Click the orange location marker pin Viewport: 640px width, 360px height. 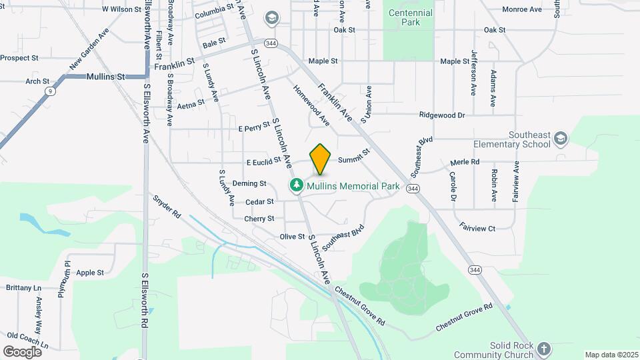click(x=321, y=159)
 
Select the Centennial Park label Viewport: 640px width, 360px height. click(x=411, y=17)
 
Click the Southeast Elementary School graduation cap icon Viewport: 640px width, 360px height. click(x=561, y=138)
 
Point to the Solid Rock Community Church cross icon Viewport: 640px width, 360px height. click(x=545, y=349)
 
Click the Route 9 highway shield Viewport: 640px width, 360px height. click(x=50, y=91)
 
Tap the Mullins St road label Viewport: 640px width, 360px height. click(x=106, y=77)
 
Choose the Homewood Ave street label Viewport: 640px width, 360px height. click(x=311, y=105)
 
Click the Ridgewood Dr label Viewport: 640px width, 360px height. click(x=441, y=115)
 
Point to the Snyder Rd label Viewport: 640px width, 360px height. click(x=167, y=207)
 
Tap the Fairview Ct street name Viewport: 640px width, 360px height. click(x=477, y=228)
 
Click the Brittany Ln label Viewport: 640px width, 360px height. click(x=23, y=288)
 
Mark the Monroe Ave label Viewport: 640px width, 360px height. click(x=522, y=9)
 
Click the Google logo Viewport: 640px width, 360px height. click(x=22, y=351)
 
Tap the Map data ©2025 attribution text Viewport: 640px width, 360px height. click(x=611, y=355)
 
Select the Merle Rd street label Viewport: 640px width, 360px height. click(x=465, y=162)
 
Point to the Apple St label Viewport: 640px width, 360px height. click(x=90, y=273)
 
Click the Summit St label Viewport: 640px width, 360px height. click(x=353, y=157)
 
